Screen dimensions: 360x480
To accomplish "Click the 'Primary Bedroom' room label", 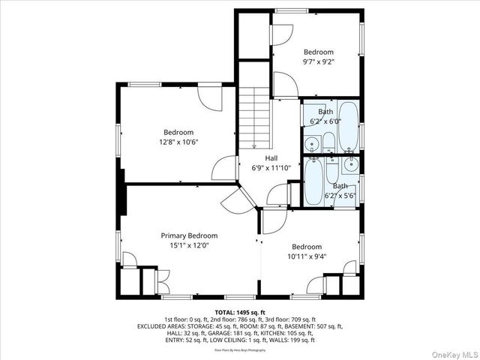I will click(189, 235).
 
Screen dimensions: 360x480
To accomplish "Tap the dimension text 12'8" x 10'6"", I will click(178, 142).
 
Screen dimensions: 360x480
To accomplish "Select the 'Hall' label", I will click(271, 158).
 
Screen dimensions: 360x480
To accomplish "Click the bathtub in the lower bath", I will click(314, 181).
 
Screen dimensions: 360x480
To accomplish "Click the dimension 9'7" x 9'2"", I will click(318, 62).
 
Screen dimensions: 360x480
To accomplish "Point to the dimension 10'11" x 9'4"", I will click(307, 256).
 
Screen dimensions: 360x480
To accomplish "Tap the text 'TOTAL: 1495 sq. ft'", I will click(240, 312).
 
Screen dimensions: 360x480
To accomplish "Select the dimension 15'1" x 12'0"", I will click(189, 244).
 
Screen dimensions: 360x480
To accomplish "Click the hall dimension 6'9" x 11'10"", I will click(271, 168).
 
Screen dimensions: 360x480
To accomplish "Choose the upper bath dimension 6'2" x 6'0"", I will click(326, 121).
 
